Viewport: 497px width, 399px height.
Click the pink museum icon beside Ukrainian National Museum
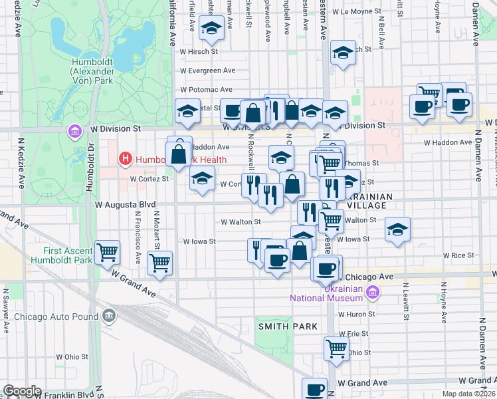click(x=372, y=291)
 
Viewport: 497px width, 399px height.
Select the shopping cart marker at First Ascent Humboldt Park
click(x=107, y=253)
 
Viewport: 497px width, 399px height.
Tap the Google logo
click(x=22, y=391)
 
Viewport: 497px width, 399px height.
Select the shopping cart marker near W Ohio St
click(x=337, y=348)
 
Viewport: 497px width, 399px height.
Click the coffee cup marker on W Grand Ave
click(x=315, y=390)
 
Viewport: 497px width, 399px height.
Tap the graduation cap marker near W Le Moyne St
click(x=344, y=53)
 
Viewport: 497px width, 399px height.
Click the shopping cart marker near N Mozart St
click(x=160, y=263)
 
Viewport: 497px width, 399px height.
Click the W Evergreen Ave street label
click(x=207, y=70)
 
